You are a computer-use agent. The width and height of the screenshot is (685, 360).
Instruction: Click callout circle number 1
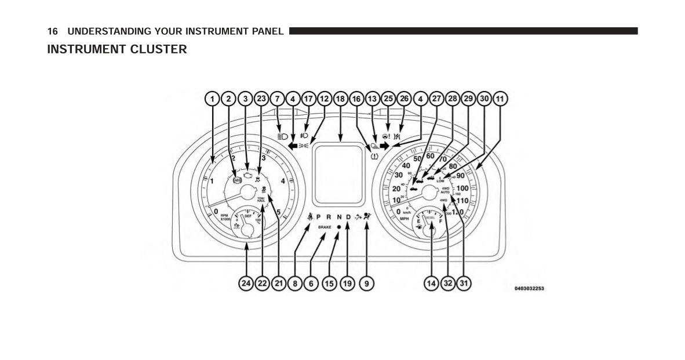pyautogui.click(x=213, y=99)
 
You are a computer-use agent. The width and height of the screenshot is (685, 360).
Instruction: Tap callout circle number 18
pyautogui.click(x=340, y=99)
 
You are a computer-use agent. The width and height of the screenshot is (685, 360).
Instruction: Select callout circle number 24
pyautogui.click(x=246, y=283)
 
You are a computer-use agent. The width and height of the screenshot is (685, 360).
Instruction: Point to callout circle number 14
pyautogui.click(x=431, y=283)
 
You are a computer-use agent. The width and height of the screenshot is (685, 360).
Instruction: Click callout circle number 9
pyautogui.click(x=366, y=283)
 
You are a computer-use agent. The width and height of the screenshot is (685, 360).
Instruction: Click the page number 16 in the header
pyautogui.click(x=53, y=31)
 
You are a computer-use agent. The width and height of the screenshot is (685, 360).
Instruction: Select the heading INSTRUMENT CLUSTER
pyautogui.click(x=117, y=49)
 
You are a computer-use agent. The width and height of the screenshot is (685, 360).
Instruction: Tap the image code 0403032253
pyautogui.click(x=529, y=288)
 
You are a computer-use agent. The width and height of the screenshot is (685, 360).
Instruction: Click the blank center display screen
pyautogui.click(x=340, y=174)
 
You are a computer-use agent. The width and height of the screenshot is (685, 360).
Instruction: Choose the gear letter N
pyautogui.click(x=339, y=217)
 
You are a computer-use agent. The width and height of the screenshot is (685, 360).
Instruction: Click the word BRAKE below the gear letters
pyautogui.click(x=325, y=228)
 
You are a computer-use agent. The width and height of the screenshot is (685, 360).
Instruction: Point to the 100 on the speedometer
pyautogui.click(x=462, y=188)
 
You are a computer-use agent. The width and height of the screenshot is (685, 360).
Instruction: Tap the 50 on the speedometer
pyautogui.click(x=417, y=159)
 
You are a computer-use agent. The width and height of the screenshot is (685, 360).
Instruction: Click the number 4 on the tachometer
pyautogui.click(x=283, y=181)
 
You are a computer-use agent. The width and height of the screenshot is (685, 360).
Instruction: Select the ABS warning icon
pyautogui.click(x=237, y=180)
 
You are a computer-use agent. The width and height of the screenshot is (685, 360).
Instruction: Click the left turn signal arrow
pyautogui.click(x=293, y=146)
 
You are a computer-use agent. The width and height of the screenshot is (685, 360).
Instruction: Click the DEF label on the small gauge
pyautogui.click(x=247, y=216)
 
